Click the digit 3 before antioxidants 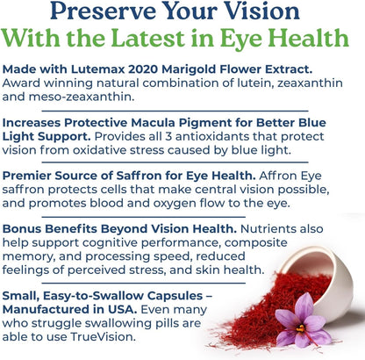click(197, 140)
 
